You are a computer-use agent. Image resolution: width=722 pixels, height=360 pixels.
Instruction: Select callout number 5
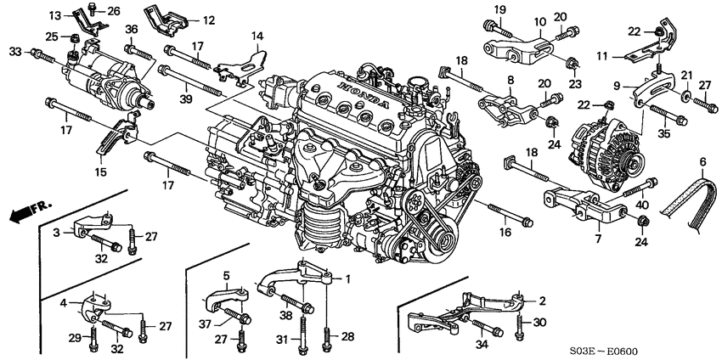227,276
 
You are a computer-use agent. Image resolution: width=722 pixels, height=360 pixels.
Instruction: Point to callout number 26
114,10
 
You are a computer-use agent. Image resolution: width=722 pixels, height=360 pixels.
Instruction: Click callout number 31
283,340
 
